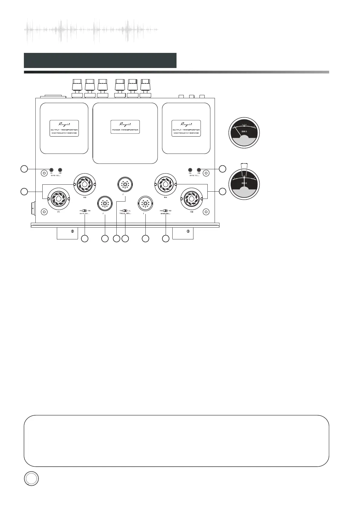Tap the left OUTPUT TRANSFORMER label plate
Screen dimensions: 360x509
click(x=64, y=128)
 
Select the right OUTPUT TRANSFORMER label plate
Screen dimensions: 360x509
click(x=186, y=128)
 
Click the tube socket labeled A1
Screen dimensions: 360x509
click(x=59, y=199)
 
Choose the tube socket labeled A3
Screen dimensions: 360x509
click(x=191, y=199)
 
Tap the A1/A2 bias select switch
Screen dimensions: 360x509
click(x=84, y=211)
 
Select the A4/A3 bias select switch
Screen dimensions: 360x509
click(x=165, y=211)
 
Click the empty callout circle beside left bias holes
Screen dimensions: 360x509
click(x=24, y=169)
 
